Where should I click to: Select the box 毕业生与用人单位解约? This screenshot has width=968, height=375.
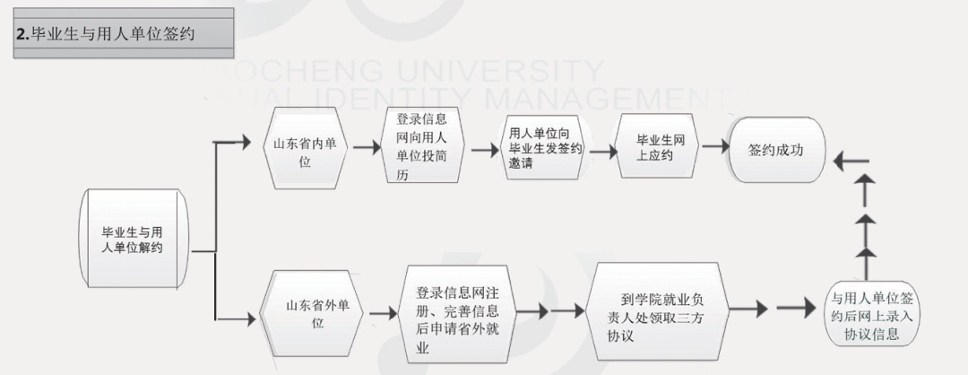click(134, 239)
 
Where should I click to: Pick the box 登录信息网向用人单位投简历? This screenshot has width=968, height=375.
click(421, 146)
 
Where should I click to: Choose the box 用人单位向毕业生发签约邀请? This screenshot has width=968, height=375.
click(543, 146)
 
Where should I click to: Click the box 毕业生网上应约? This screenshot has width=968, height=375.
click(654, 147)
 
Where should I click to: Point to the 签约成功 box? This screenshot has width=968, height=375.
click(776, 150)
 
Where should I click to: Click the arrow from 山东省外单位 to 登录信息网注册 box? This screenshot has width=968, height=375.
click(383, 313)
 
